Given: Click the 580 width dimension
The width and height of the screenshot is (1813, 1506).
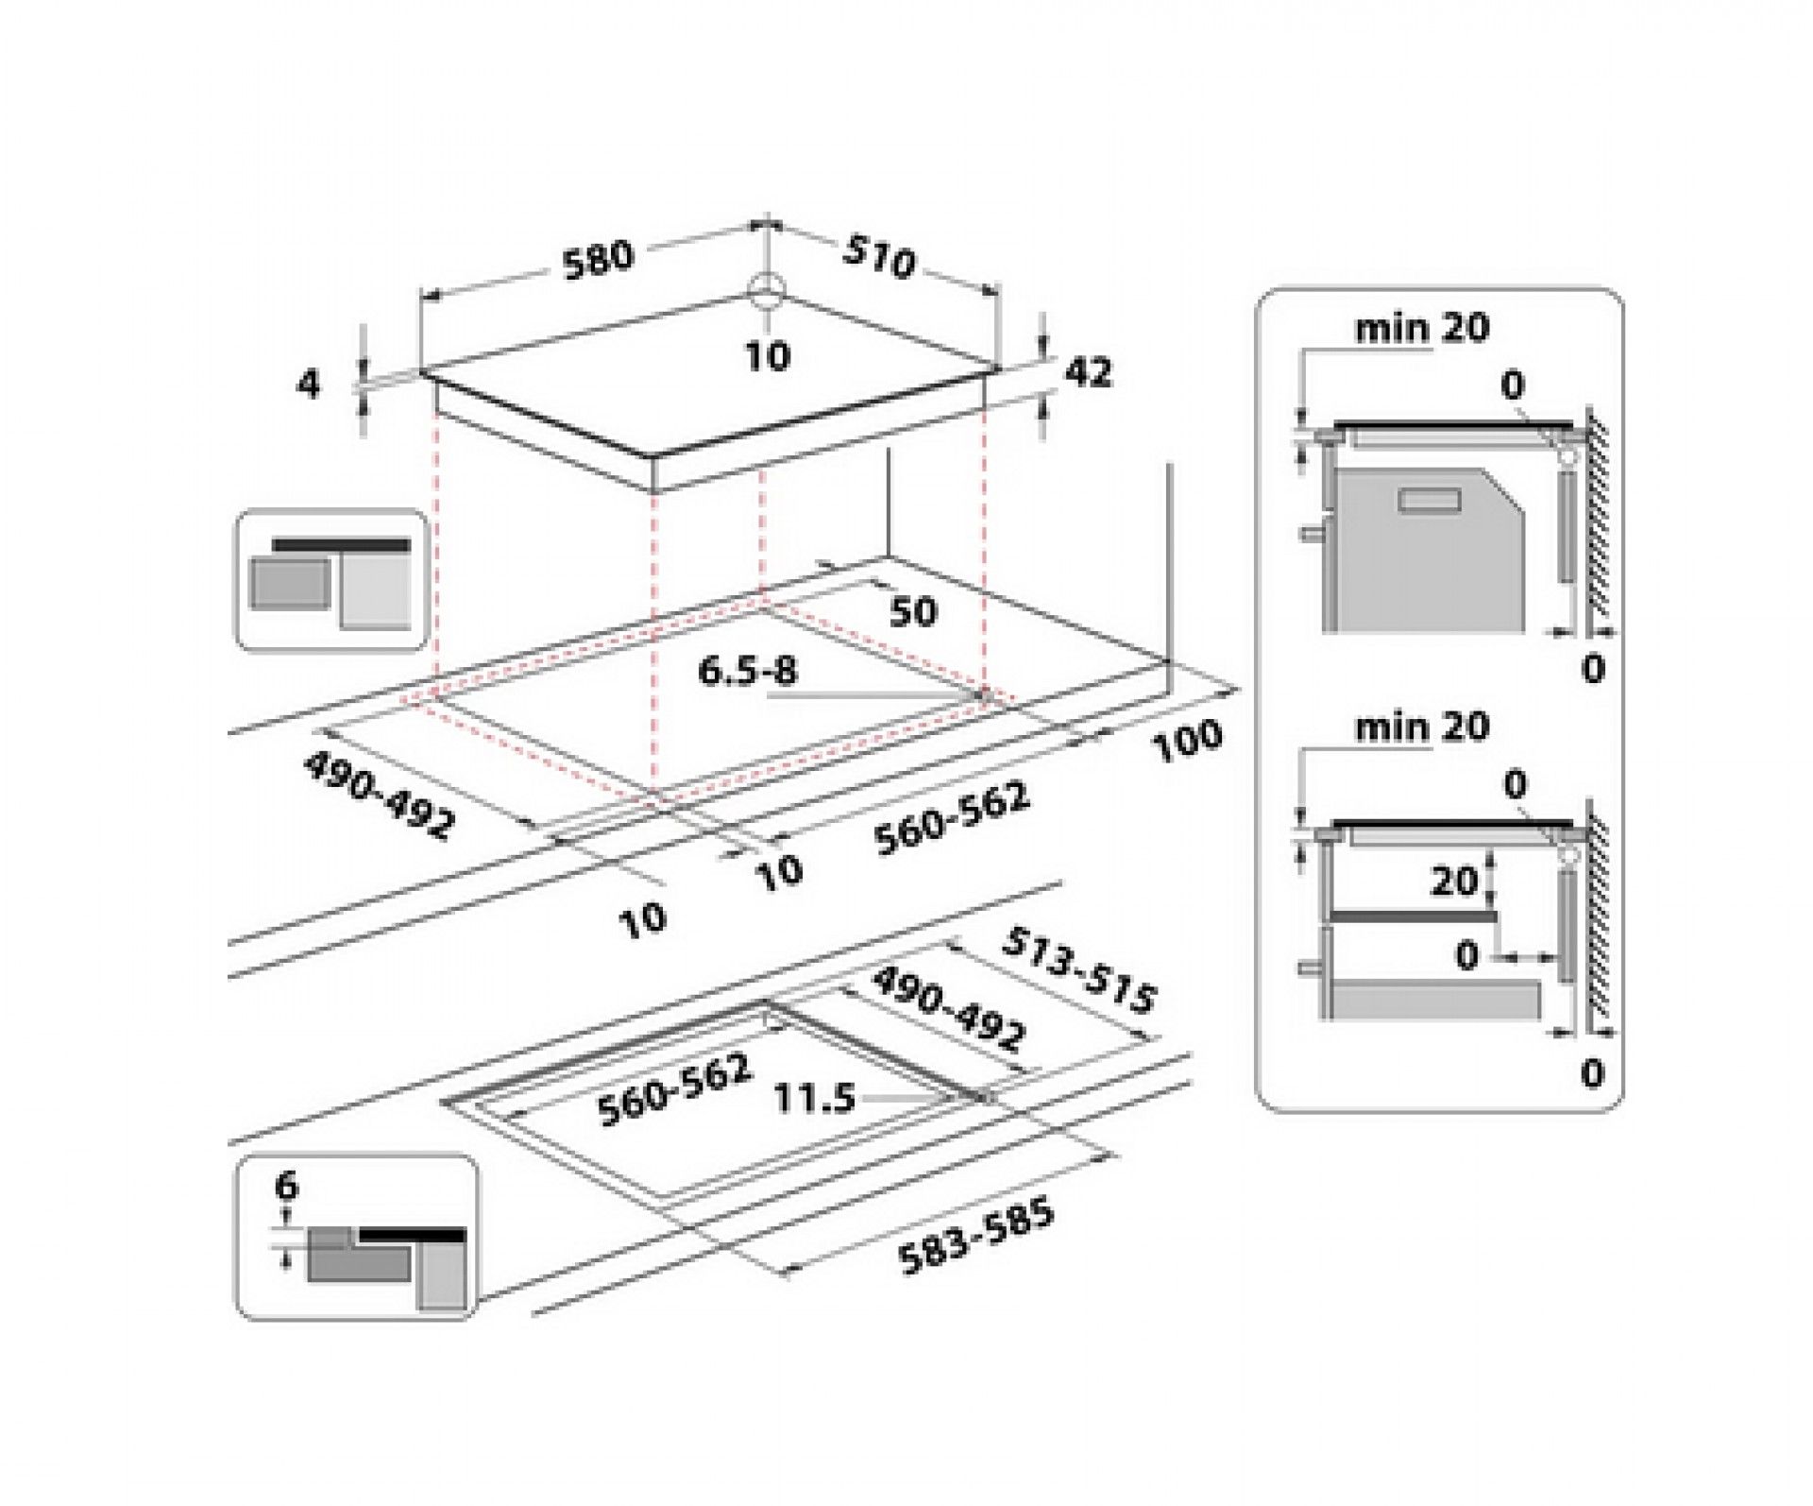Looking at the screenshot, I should pyautogui.click(x=598, y=259).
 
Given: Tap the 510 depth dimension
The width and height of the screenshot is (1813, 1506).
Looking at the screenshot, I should pyautogui.click(x=878, y=257).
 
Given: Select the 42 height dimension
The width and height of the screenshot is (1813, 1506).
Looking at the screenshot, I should pyautogui.click(x=1088, y=372).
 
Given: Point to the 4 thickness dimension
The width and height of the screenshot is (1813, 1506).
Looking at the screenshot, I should pyautogui.click(x=309, y=385).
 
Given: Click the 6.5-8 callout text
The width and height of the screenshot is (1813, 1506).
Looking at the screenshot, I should pyautogui.click(x=747, y=671).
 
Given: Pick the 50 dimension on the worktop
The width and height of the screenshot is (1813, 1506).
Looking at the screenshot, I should pyautogui.click(x=912, y=611).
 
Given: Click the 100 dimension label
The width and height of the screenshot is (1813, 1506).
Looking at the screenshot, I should pyautogui.click(x=1187, y=741).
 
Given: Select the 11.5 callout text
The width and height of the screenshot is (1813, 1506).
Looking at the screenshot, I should pyautogui.click(x=814, y=1098).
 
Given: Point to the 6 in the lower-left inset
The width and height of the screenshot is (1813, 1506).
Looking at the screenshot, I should pyautogui.click(x=286, y=1185).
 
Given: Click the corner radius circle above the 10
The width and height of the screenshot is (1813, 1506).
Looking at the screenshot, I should pyautogui.click(x=766, y=290).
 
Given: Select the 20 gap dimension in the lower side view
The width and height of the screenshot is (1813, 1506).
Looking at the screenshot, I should pyautogui.click(x=1453, y=881).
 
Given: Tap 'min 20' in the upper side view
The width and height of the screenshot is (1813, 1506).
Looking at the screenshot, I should pyautogui.click(x=1421, y=328).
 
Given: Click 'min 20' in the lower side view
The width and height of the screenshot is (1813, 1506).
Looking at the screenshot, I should pyautogui.click(x=1421, y=727).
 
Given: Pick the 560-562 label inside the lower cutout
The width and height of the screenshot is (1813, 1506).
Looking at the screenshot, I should pyautogui.click(x=675, y=1090).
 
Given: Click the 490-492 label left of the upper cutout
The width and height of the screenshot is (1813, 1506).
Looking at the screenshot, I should pyautogui.click(x=379, y=795).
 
